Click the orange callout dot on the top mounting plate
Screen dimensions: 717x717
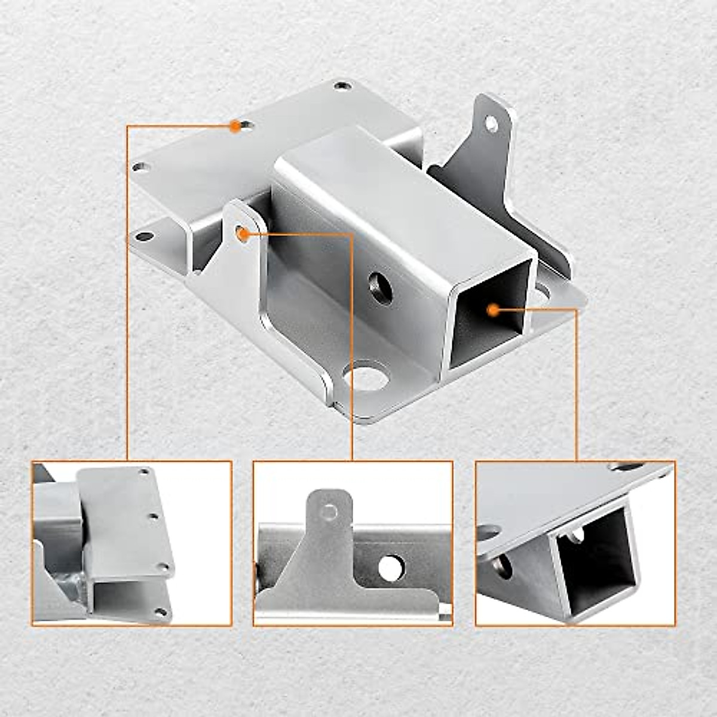coord(235,125)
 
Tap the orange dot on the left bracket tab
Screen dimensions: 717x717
coord(243,234)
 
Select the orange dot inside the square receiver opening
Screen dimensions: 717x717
coord(493,310)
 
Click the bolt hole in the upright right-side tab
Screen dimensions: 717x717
coord(491,124)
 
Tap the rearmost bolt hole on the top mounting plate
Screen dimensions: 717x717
coord(341,87)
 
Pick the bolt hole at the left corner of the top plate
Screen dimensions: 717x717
coord(139,167)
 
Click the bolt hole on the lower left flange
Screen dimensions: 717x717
coord(144,237)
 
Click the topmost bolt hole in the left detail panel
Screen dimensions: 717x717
coord(143,472)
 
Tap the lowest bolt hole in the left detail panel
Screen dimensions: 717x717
coord(160,611)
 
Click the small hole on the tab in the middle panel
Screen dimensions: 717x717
coord(328,511)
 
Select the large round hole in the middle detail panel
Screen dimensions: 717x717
coord(391,568)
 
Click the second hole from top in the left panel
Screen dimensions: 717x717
coord(154,515)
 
